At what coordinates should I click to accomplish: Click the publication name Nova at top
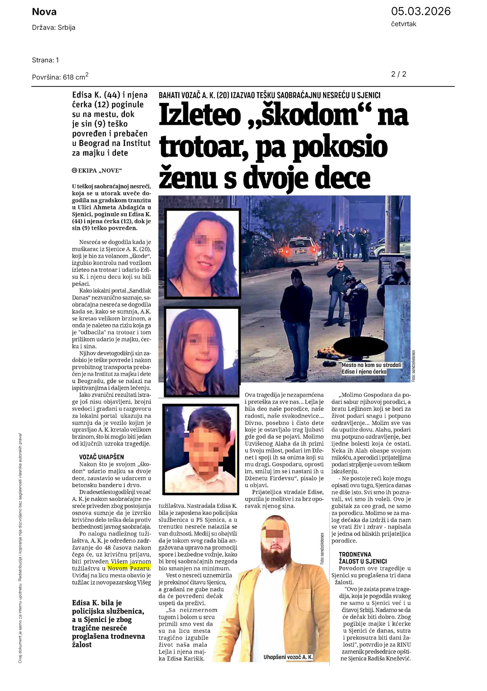click(44, 12)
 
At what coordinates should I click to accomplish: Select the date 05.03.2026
click(421, 11)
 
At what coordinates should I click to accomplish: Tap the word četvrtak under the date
click(404, 24)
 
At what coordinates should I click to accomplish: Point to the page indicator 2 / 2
click(399, 74)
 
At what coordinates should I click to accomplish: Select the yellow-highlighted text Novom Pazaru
click(129, 568)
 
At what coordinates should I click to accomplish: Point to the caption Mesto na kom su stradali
click(372, 365)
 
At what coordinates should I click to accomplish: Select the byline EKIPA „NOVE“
click(97, 171)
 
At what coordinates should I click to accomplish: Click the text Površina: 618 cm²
click(60, 77)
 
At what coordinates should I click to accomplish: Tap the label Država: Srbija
click(54, 28)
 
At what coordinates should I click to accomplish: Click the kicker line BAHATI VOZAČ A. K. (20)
click(269, 95)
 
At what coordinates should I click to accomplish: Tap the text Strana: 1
click(46, 60)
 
